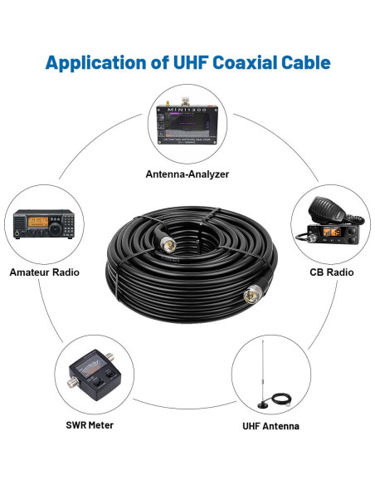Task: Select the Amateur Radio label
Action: pyautogui.click(x=45, y=272)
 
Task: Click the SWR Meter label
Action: pyautogui.click(x=89, y=425)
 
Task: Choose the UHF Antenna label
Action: pyautogui.click(x=270, y=426)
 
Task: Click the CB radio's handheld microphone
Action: pyautogui.click(x=324, y=210)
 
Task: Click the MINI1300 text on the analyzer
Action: pyautogui.click(x=187, y=105)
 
